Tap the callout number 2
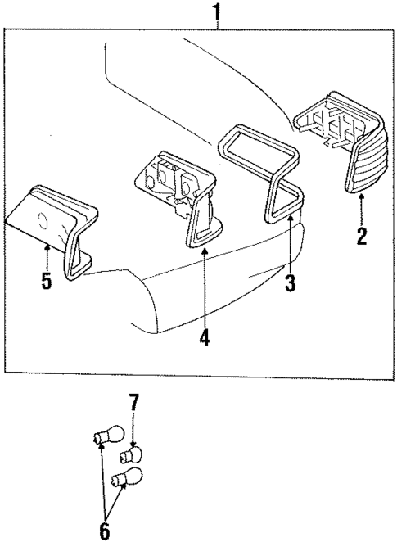point(362,237)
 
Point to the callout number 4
point(204,336)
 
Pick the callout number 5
point(47,281)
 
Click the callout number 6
point(104,530)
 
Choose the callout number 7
point(133,403)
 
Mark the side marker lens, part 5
point(49,217)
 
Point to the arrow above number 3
point(288,246)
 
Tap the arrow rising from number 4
point(204,287)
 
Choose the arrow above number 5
point(47,255)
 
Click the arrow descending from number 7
point(133,430)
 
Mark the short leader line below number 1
point(217,25)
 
